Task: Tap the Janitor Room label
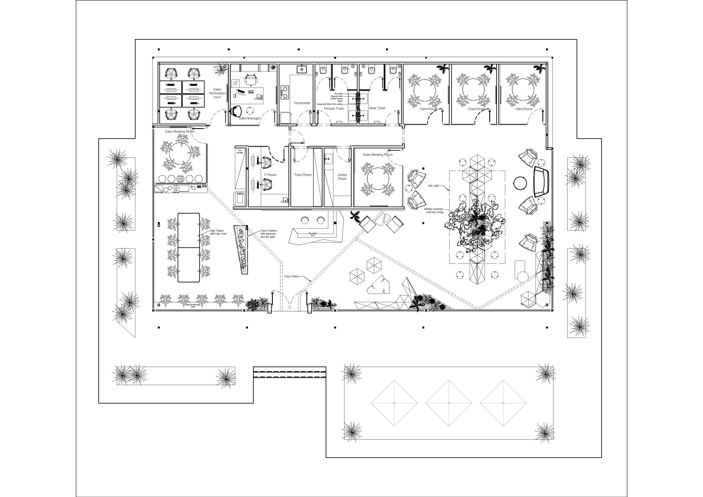click(342, 177)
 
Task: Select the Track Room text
click(303, 175)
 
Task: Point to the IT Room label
click(270, 175)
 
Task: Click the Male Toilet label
click(377, 108)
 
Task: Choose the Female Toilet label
click(334, 108)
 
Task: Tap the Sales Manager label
click(249, 118)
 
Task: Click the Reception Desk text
click(313, 234)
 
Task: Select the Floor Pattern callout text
click(291, 276)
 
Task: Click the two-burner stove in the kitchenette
click(285, 92)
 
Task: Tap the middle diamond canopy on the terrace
click(448, 403)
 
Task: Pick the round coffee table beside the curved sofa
click(520, 183)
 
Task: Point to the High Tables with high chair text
click(218, 232)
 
